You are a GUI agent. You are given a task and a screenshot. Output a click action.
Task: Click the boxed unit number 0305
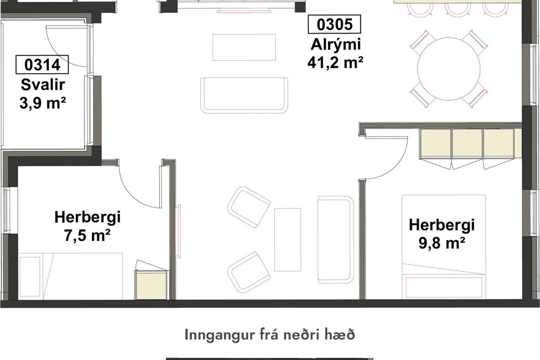(x=334, y=24)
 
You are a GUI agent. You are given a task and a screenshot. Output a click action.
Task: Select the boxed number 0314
(x=42, y=65)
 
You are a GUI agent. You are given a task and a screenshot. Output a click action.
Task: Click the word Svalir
(x=43, y=85)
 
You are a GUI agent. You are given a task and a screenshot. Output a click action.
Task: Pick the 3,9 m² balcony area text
(x=43, y=103)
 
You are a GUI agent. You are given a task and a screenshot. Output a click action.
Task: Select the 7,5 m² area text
(x=87, y=235)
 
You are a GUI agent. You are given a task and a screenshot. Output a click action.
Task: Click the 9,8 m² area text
(x=442, y=243)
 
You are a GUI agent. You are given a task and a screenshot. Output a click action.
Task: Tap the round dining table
(x=449, y=69)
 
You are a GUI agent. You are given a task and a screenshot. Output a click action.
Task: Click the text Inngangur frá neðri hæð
(x=270, y=335)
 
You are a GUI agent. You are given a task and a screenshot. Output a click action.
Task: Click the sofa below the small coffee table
(x=244, y=96)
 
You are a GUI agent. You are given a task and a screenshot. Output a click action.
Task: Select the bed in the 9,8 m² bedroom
(x=444, y=247)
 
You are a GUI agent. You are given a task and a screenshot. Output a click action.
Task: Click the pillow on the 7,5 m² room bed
(x=30, y=277)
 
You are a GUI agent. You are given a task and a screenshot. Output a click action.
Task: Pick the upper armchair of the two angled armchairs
(x=248, y=207)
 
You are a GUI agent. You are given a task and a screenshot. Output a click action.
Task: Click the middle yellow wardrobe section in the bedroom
(x=467, y=144)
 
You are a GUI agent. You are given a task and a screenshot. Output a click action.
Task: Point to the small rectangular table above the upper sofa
(x=244, y=47)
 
